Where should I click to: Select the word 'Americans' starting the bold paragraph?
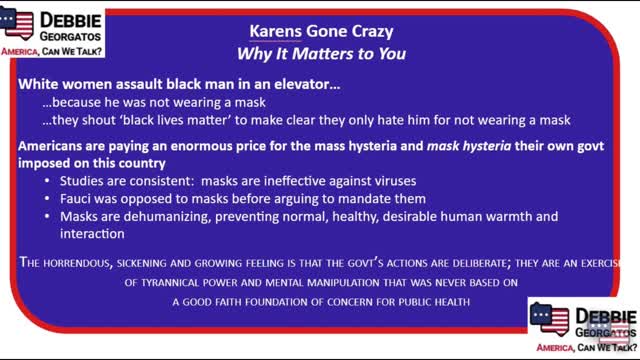[x=53, y=145]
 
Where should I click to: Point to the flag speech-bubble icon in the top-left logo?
[x=21, y=24]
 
